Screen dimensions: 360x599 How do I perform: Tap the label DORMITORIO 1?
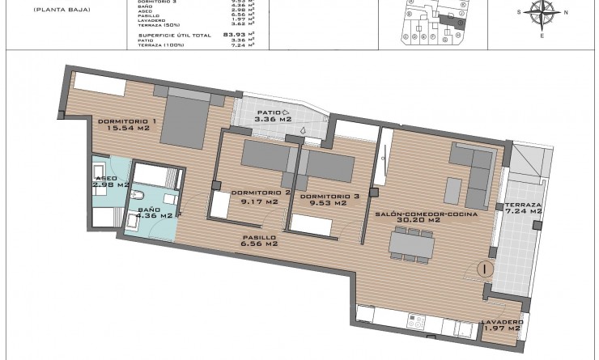(125, 121)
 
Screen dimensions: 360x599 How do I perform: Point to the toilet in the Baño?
(139, 196)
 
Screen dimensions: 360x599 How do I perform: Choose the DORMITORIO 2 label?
(261, 193)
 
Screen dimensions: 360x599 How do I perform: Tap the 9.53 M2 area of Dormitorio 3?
(329, 203)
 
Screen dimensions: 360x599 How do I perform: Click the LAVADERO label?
(503, 322)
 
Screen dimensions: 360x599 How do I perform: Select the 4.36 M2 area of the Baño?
(155, 216)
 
